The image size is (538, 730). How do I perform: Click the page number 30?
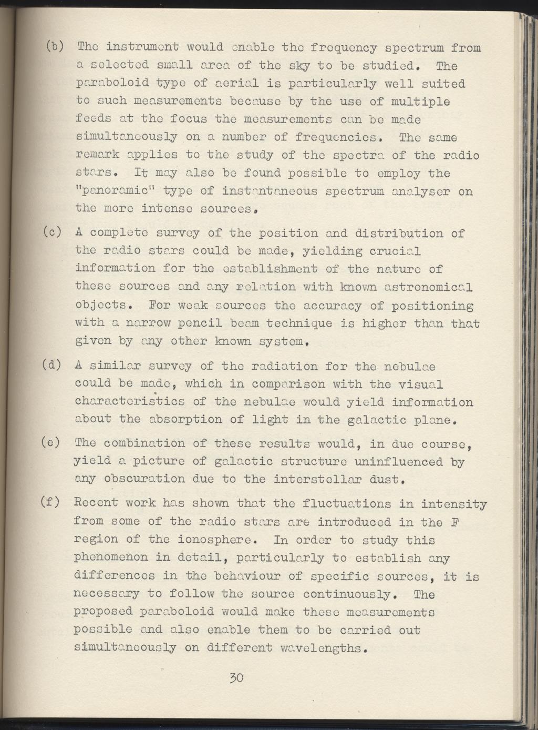tap(236, 677)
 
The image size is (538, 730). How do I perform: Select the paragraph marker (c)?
tap(55, 232)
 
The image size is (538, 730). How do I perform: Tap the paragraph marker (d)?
tap(55, 365)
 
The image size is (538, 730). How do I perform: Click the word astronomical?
tap(429, 287)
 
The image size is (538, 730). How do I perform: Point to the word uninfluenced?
tap(399, 461)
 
